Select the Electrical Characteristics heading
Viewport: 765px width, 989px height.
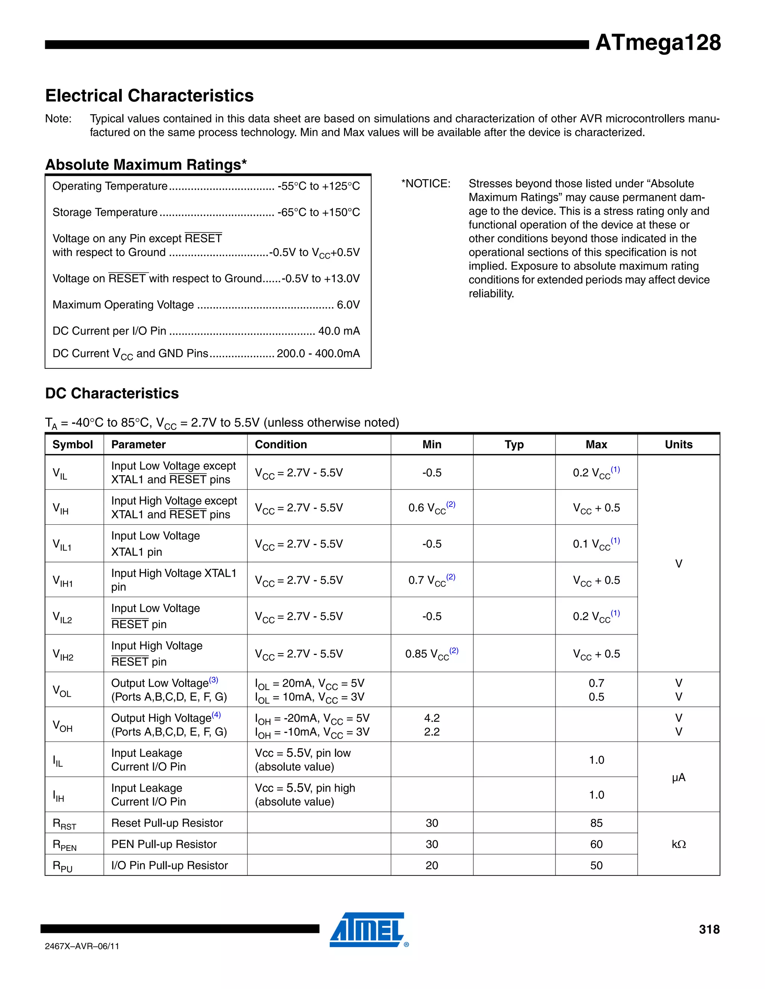[x=149, y=96]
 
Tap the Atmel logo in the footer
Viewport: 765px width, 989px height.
[x=367, y=929]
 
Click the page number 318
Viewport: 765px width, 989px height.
[x=709, y=929]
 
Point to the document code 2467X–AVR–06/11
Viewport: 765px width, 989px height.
[x=82, y=946]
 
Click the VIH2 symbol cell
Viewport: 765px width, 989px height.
[x=63, y=654]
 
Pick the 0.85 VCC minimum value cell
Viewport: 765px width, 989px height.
[x=431, y=653]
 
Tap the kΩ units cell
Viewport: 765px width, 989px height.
[x=678, y=844]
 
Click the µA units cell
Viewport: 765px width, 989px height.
[x=678, y=777]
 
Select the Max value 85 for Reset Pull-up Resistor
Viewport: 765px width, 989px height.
[x=596, y=823]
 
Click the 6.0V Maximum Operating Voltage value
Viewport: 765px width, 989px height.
[x=348, y=305]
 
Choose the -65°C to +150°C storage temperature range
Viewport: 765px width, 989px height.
[x=319, y=212]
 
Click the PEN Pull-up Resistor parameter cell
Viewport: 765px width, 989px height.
[x=164, y=844]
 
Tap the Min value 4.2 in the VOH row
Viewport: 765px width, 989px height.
[x=431, y=718]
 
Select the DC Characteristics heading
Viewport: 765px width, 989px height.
[x=112, y=393]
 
